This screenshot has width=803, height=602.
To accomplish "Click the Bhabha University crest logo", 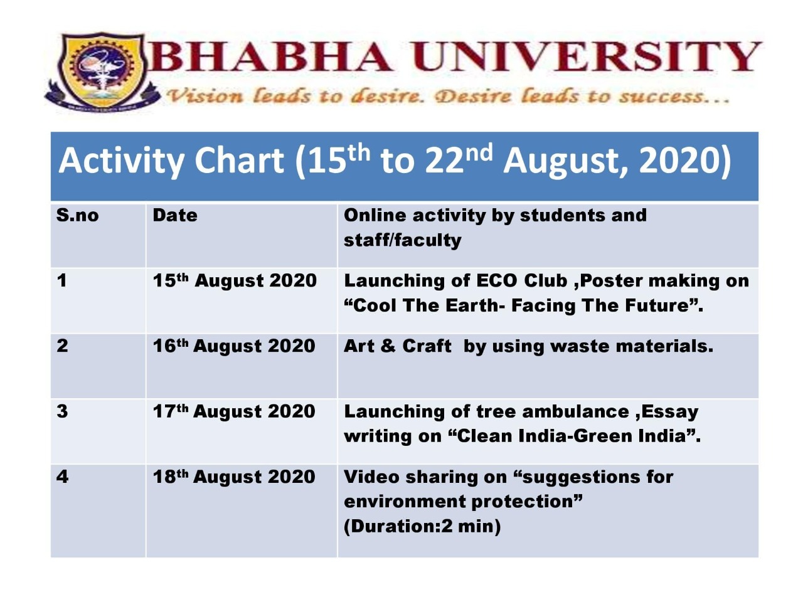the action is [102, 71].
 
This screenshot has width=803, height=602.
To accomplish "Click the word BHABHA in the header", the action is [271, 56].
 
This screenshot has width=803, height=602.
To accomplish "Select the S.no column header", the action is [78, 215].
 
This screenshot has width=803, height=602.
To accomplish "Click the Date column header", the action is [175, 215].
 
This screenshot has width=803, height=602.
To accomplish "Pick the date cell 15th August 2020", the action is [235, 281].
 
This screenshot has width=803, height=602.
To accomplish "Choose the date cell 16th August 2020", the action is [234, 346].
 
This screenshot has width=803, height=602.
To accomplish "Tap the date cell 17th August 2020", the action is [234, 411].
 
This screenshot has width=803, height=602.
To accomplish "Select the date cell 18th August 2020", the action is [234, 477].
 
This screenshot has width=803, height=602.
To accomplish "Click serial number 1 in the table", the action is [61, 281].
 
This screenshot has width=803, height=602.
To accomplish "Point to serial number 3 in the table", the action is [62, 411].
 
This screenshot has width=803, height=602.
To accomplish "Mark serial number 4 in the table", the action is [63, 477].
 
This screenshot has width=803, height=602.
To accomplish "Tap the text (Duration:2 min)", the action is [422, 527].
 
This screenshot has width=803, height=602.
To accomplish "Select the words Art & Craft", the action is [398, 346].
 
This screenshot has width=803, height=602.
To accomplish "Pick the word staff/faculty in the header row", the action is [402, 240].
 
